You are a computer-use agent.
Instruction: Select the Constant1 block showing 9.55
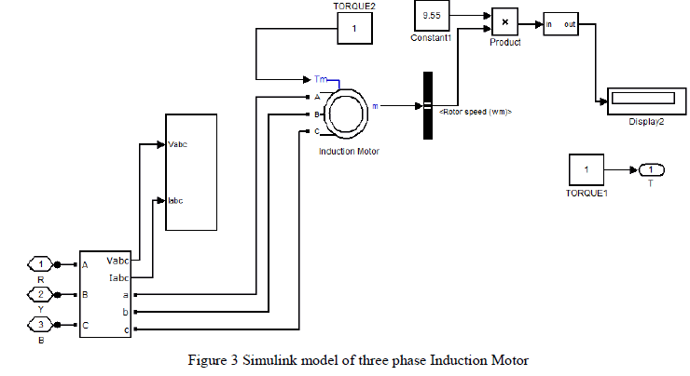[432, 17]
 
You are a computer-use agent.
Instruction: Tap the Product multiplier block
[504, 21]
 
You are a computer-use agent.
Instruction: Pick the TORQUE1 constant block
[586, 170]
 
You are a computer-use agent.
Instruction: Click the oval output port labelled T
[651, 169]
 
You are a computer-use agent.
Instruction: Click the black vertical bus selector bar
[429, 105]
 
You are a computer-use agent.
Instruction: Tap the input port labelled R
[40, 264]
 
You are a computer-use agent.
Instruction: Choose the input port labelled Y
[40, 296]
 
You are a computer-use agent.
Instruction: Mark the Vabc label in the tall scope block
[178, 144]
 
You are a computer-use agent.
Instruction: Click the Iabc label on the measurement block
[118, 275]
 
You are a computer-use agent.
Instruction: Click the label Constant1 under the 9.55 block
[431, 38]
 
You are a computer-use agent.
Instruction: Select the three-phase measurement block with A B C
[107, 293]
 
